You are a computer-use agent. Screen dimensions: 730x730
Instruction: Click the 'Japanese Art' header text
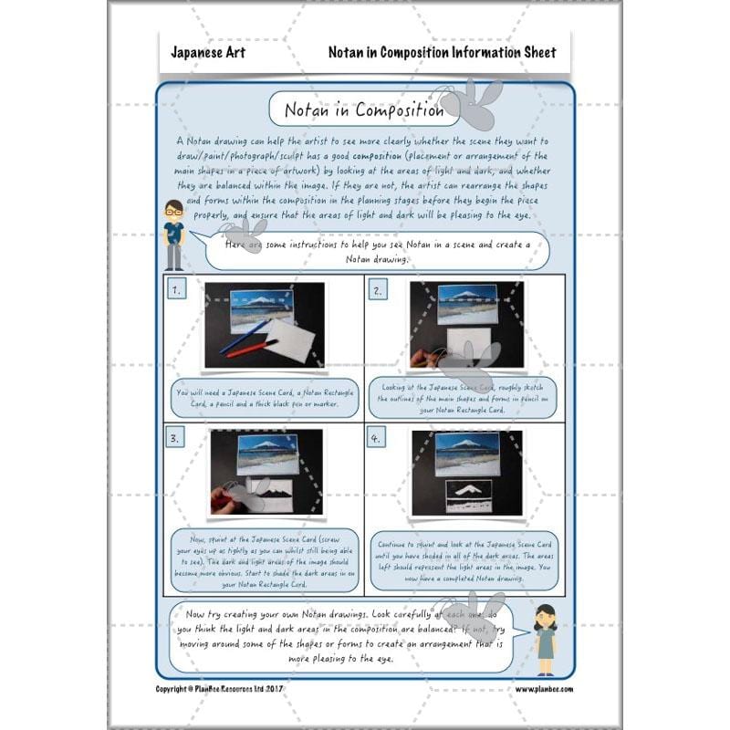(207, 52)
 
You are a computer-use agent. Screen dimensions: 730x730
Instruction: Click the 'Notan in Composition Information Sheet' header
(442, 52)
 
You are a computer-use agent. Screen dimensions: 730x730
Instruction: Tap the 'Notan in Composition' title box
(363, 110)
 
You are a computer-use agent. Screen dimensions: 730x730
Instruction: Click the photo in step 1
(265, 324)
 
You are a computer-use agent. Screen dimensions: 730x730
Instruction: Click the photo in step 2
(466, 324)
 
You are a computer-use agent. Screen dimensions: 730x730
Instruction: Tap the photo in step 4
(466, 472)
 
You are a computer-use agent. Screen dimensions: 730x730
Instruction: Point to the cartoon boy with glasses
(173, 235)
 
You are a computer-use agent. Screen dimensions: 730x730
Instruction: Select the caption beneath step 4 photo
(465, 559)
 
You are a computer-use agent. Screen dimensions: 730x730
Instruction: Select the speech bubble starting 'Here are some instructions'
(377, 251)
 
